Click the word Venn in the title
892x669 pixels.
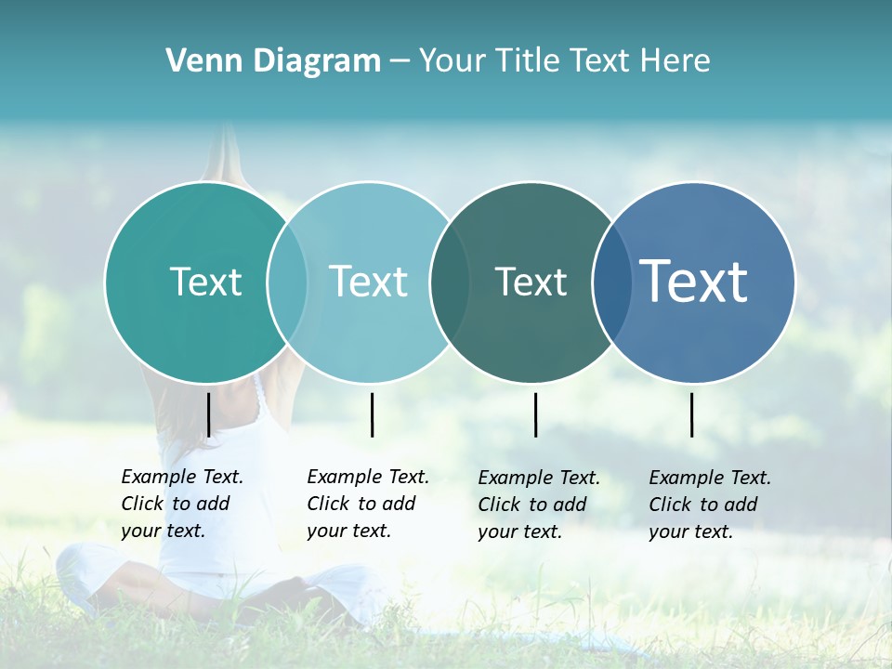[x=198, y=61]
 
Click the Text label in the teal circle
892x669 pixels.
[x=205, y=282]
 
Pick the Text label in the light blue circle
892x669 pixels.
[x=368, y=282]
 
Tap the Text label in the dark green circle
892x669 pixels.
[x=531, y=282]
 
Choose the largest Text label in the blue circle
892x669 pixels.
[x=693, y=282]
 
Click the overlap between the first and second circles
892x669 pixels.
[x=287, y=282]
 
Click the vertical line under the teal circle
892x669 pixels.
[x=208, y=414]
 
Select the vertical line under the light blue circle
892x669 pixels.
[x=372, y=414]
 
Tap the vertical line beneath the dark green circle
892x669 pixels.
[x=535, y=414]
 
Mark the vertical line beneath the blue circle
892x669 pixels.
[x=691, y=414]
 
